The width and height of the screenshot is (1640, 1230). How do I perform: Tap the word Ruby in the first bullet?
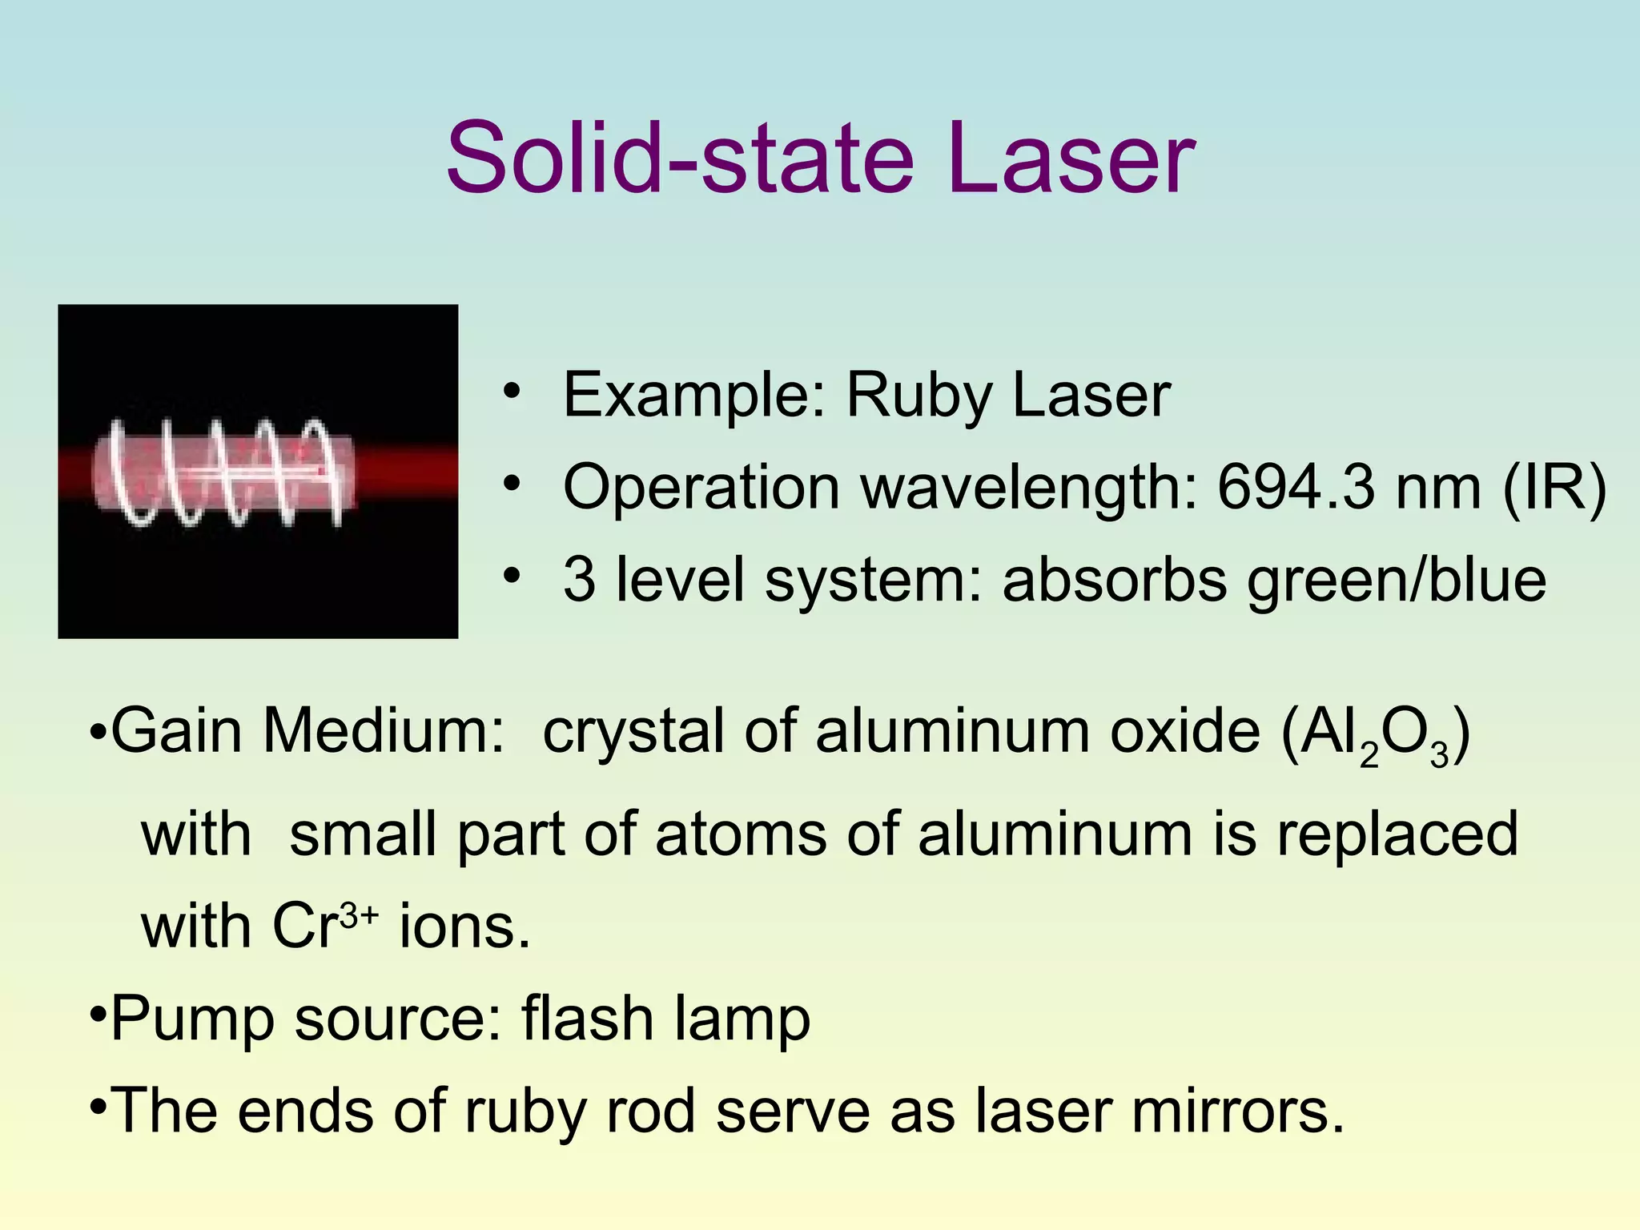(918, 398)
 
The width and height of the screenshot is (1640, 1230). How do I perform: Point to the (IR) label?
(1554, 488)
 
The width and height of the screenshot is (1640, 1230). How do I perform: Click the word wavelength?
(1028, 488)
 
